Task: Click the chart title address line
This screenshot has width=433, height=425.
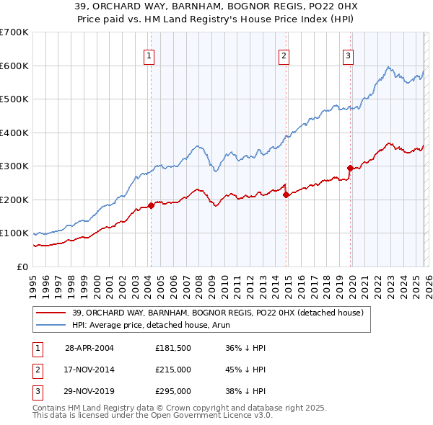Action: [x=216, y=6]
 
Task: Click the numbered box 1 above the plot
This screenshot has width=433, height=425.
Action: [x=149, y=56]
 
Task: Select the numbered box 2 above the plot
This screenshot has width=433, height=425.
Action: [x=284, y=56]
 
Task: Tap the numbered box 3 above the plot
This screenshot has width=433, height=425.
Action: [x=349, y=56]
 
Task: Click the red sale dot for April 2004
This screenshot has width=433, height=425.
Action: [x=151, y=206]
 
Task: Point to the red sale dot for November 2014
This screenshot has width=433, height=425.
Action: [x=286, y=194]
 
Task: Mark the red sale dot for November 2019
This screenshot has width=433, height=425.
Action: [x=350, y=168]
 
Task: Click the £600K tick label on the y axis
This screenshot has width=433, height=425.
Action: [x=14, y=66]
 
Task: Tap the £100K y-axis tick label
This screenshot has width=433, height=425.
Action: [x=14, y=233]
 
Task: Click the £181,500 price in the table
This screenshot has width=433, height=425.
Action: [x=172, y=347]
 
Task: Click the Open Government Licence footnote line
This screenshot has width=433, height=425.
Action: [x=152, y=416]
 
